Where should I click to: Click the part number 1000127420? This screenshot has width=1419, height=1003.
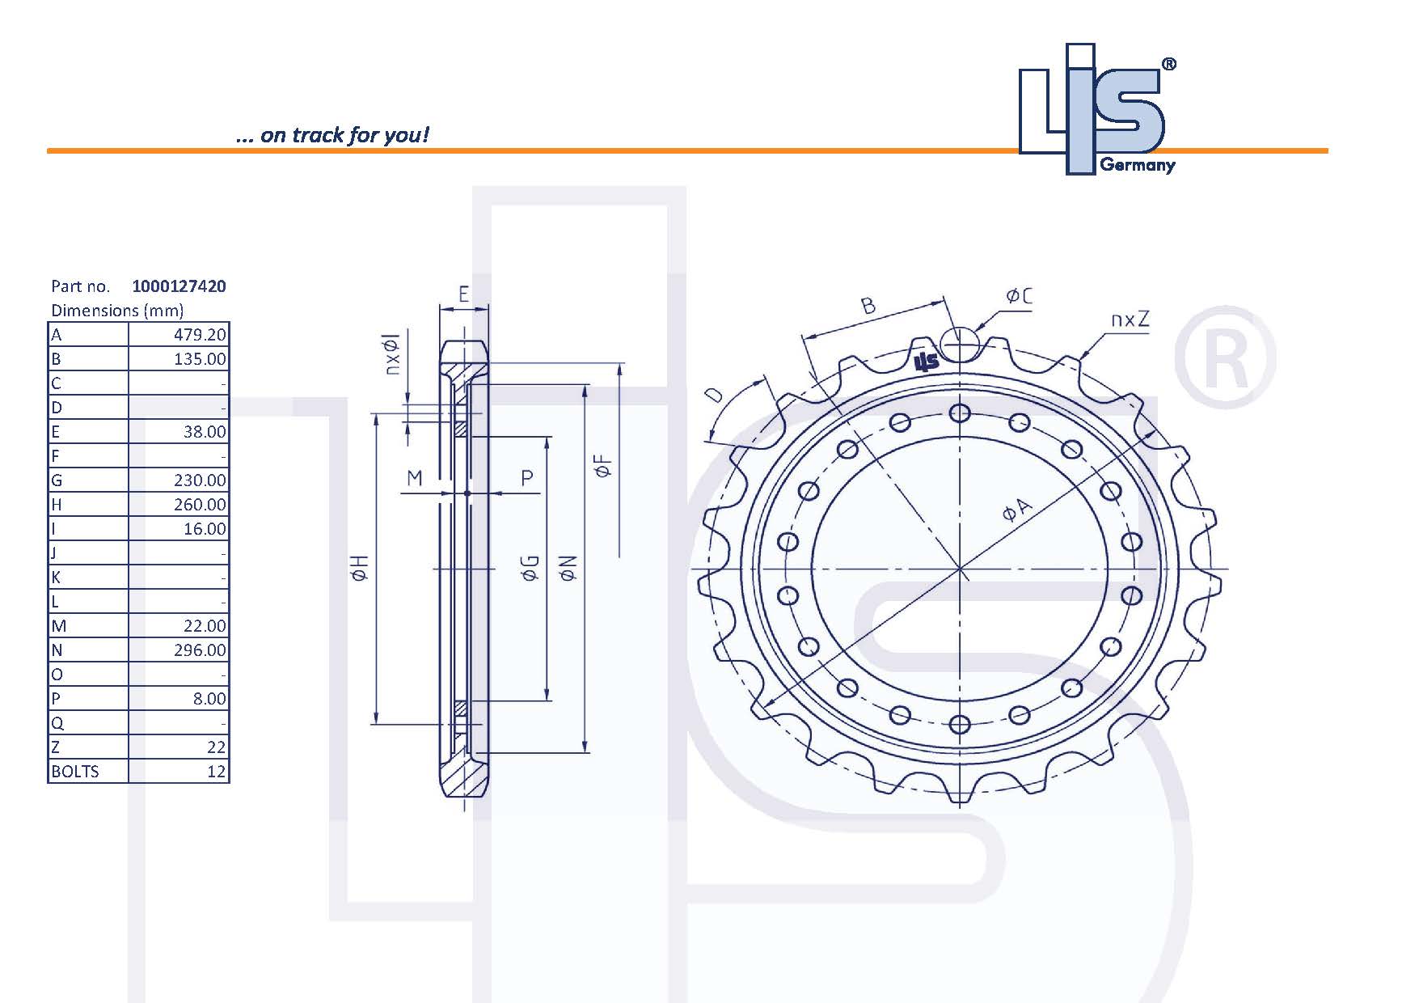click(179, 286)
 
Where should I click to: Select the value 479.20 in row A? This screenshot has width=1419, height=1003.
click(200, 335)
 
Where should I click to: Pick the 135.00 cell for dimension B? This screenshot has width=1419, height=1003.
click(200, 359)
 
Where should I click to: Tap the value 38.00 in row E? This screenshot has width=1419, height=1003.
click(204, 432)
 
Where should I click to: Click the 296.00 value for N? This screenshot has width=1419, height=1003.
click(200, 650)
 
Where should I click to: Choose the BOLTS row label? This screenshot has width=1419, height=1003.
click(75, 772)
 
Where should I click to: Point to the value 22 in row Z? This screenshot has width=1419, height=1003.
click(216, 747)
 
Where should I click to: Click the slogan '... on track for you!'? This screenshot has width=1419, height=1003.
click(332, 135)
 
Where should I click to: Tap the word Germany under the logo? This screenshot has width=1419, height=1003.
click(1137, 166)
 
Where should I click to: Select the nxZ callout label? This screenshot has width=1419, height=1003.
click(1129, 320)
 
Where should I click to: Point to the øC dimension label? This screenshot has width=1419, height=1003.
click(1019, 297)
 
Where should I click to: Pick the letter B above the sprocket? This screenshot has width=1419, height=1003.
click(868, 306)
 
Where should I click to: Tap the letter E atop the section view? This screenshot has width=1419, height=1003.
click(463, 294)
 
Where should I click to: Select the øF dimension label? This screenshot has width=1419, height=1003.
click(602, 466)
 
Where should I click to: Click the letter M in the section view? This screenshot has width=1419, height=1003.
click(414, 478)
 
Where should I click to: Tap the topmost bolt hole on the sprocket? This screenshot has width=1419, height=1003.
click(959, 414)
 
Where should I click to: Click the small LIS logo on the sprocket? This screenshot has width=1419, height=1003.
click(926, 362)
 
